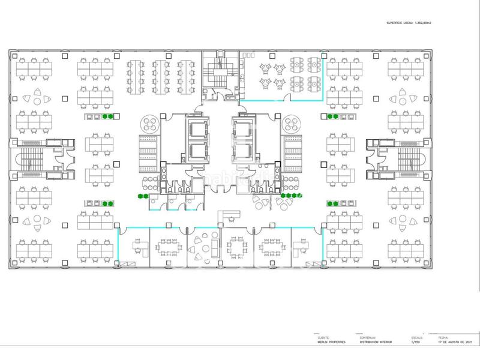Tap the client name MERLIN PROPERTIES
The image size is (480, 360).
332,342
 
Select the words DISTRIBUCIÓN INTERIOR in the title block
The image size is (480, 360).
377,342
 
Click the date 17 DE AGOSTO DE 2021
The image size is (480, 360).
457,342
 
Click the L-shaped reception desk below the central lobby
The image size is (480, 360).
229,215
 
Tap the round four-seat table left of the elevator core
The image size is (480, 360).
149,123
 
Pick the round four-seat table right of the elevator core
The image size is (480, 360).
295,123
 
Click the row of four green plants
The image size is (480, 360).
290,196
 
